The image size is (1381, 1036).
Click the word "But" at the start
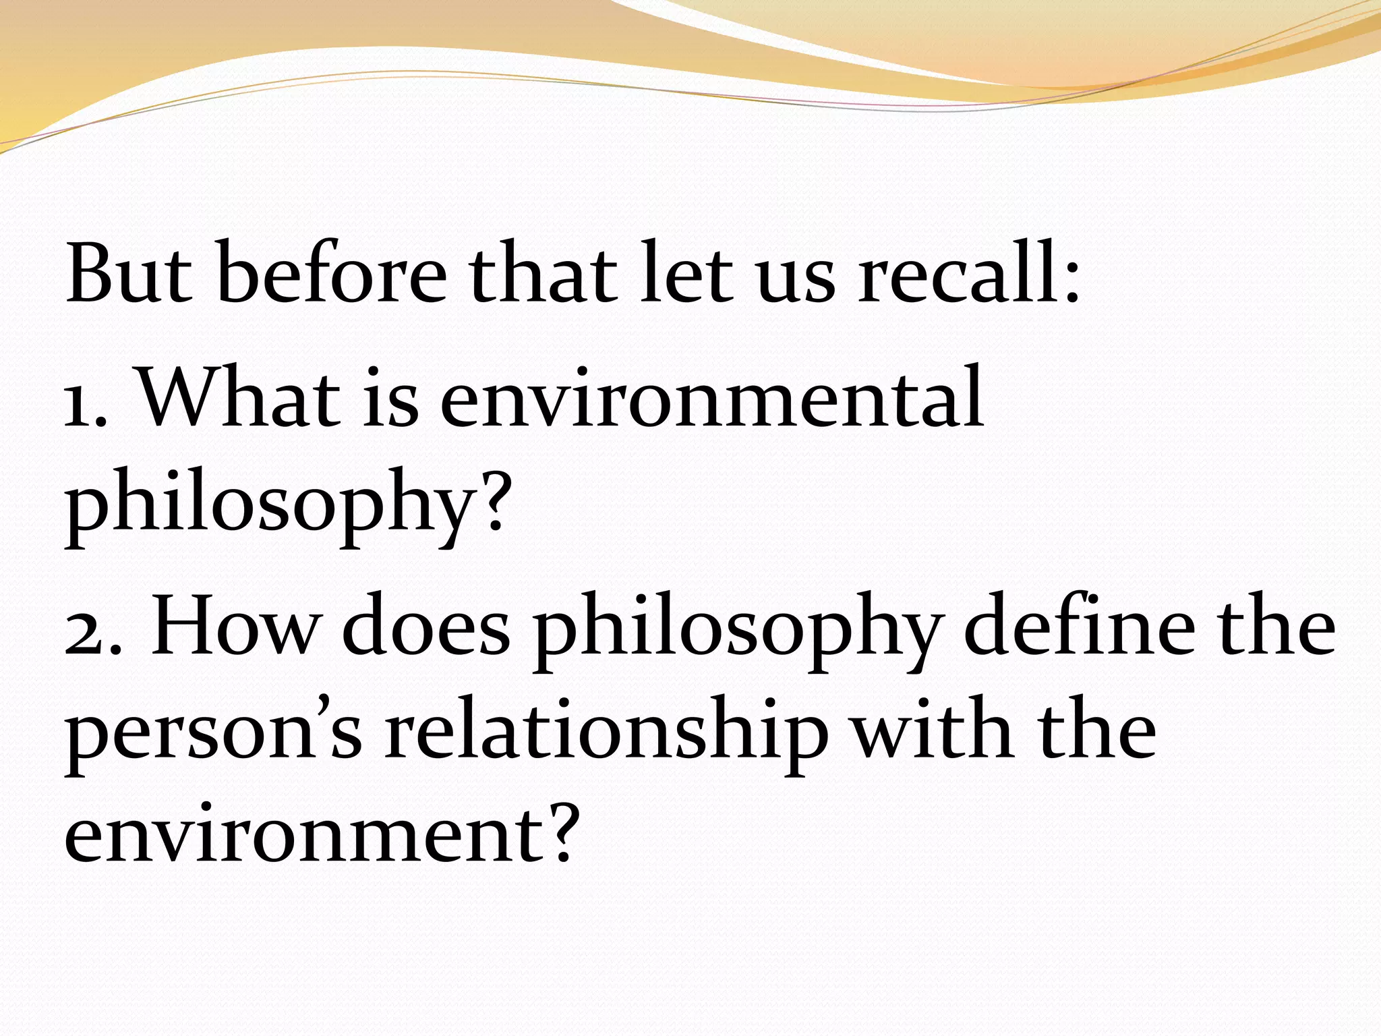point(129,273)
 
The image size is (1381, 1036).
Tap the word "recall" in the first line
point(950,273)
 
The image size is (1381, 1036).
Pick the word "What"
point(239,398)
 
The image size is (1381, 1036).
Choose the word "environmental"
point(711,398)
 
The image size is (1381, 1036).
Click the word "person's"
point(213,735)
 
